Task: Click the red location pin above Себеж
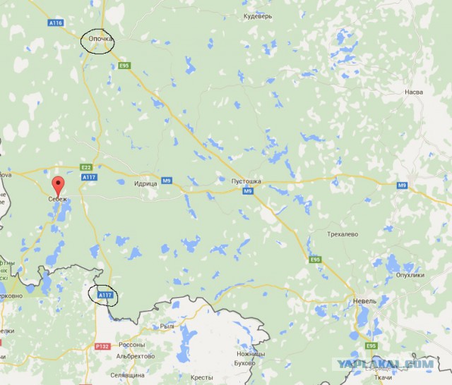[x=59, y=185]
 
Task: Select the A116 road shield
[x=56, y=23]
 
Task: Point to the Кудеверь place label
[x=257, y=16]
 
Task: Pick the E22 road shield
[x=86, y=167]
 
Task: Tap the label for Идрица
[x=145, y=182]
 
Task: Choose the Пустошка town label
[x=246, y=181]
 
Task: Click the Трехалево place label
[x=343, y=233]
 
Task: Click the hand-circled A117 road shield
[x=105, y=294]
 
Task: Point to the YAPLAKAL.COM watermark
[x=395, y=364]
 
